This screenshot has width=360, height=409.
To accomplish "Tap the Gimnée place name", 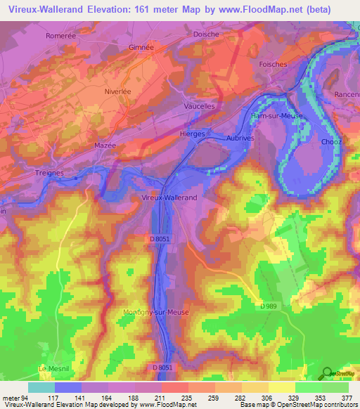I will [141, 47].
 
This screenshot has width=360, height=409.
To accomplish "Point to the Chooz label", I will [331, 141].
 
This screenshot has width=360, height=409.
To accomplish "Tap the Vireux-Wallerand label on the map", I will [179, 197].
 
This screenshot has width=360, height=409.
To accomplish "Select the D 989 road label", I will [268, 306].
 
